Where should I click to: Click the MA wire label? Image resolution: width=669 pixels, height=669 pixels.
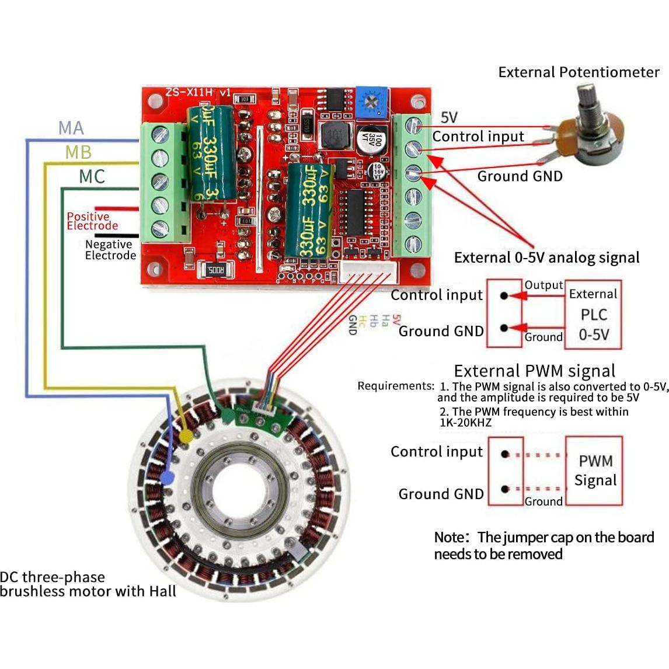pyautogui.click(x=71, y=128)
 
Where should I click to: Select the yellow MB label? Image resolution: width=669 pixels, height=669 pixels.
pyautogui.click(x=78, y=152)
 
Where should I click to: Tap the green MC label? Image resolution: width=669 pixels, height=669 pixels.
pyautogui.click(x=92, y=176)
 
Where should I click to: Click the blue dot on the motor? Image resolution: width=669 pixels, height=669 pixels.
pyautogui.click(x=167, y=478)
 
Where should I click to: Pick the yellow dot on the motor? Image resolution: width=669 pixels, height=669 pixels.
pyautogui.click(x=186, y=435)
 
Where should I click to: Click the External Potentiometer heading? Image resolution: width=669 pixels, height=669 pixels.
pyautogui.click(x=579, y=72)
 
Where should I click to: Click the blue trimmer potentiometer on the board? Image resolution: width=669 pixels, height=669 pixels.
pyautogui.click(x=372, y=101)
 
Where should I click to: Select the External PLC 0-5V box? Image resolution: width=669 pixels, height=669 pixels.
pyautogui.click(x=594, y=315)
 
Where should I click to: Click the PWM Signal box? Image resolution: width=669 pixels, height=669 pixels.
pyautogui.click(x=595, y=471)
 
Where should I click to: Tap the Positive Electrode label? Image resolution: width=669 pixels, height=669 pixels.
pyautogui.click(x=92, y=221)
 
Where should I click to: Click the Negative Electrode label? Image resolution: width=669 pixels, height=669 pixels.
pyautogui.click(x=110, y=250)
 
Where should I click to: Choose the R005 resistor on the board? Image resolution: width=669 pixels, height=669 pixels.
pyautogui.click(x=216, y=270)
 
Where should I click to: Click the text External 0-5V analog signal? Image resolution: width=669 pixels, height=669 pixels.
pyautogui.click(x=546, y=257)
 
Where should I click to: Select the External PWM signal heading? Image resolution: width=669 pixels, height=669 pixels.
pyautogui.click(x=534, y=371)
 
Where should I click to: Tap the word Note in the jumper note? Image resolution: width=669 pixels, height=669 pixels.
pyautogui.click(x=451, y=537)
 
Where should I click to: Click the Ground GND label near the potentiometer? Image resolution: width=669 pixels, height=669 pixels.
pyautogui.click(x=520, y=176)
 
